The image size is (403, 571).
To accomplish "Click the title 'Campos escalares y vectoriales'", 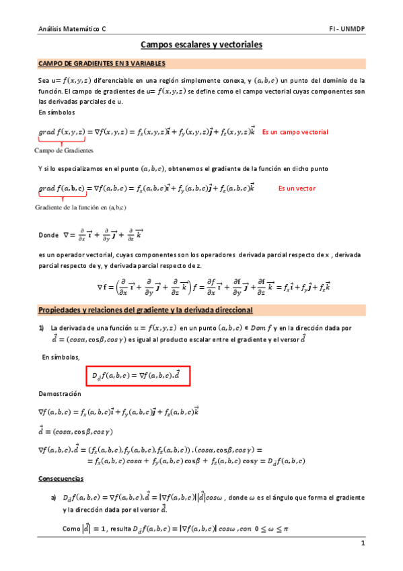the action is pyautogui.click(x=201, y=45).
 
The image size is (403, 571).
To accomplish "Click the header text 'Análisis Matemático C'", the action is pyautogui.click(x=73, y=30).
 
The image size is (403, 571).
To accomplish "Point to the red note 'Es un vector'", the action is pyautogui.click(x=297, y=189).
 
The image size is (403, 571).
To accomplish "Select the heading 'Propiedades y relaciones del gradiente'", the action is pyautogui.click(x=145, y=310).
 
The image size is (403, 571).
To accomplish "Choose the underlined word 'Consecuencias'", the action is pyautogui.click(x=61, y=478).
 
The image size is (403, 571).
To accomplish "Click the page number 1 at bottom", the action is pyautogui.click(x=362, y=543).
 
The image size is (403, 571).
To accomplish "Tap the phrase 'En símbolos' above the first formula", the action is pyautogui.click(x=57, y=112).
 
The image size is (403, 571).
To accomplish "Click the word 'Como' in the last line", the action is pyautogui.click(x=71, y=530).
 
